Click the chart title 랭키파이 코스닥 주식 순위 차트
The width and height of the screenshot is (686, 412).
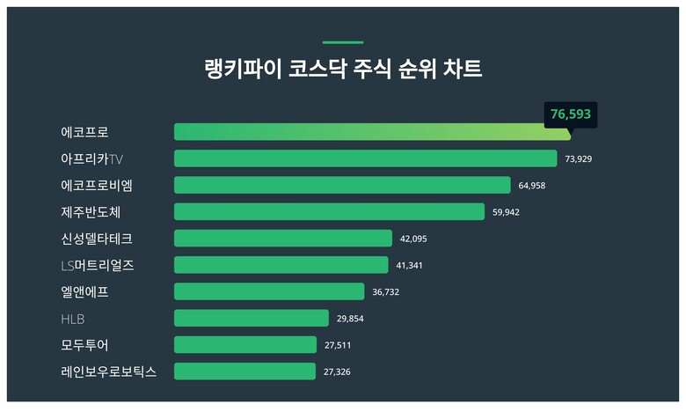(x=342, y=70)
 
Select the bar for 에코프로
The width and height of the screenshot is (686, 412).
(x=372, y=132)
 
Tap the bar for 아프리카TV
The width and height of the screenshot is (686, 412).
(x=365, y=158)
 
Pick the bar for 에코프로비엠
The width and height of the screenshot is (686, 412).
(x=342, y=185)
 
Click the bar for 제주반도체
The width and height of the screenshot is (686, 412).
(x=329, y=211)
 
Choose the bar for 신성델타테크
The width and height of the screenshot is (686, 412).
(x=283, y=239)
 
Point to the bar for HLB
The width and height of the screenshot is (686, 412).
(x=252, y=318)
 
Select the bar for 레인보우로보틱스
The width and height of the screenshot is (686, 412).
(x=244, y=372)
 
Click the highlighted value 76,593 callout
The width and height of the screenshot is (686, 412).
(x=571, y=114)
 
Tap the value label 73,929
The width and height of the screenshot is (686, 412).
(x=579, y=159)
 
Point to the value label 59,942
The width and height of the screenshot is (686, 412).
(x=507, y=212)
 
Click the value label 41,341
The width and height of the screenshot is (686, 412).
(x=410, y=265)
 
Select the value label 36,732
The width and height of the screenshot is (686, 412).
(x=386, y=291)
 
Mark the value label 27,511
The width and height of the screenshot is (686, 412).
(x=338, y=345)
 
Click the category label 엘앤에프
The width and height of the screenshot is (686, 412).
(x=85, y=291)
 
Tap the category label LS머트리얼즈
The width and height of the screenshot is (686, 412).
(x=98, y=265)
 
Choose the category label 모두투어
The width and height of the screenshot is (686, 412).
(x=85, y=345)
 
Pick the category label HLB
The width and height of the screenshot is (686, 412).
(x=73, y=319)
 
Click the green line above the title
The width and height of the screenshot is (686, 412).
(x=342, y=42)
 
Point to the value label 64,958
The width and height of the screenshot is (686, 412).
(x=532, y=186)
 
